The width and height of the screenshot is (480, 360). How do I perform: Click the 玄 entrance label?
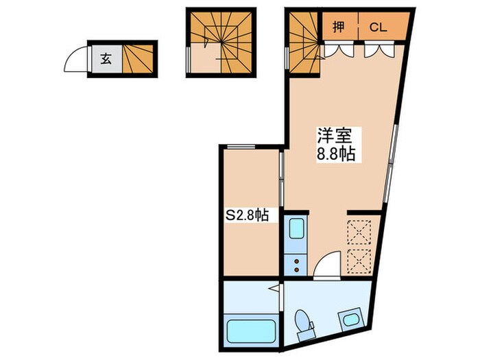(106, 58)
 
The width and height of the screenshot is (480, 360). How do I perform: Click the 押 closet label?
(339, 28)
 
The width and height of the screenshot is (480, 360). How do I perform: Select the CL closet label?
(379, 28)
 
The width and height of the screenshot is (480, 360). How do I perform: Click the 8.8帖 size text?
(335, 154)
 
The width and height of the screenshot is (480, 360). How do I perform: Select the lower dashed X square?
(359, 261)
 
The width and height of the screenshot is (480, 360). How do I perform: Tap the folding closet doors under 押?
(339, 49)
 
